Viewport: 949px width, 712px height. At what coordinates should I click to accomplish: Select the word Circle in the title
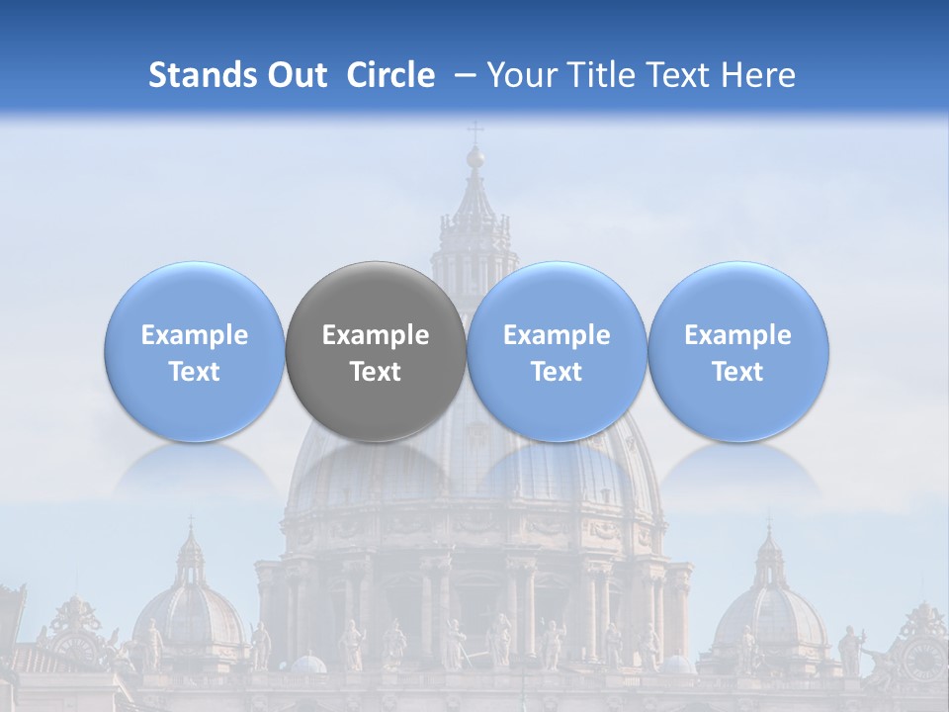point(390,75)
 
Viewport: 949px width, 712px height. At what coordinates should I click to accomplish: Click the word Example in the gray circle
point(376,335)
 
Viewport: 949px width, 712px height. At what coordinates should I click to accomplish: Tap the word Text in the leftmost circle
point(195,372)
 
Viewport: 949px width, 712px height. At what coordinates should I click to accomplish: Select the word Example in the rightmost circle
point(738,335)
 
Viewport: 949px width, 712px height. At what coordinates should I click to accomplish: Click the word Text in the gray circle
point(376,372)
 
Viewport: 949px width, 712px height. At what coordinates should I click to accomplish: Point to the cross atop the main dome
point(475,132)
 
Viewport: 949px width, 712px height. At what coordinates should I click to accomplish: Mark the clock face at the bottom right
point(922,658)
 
